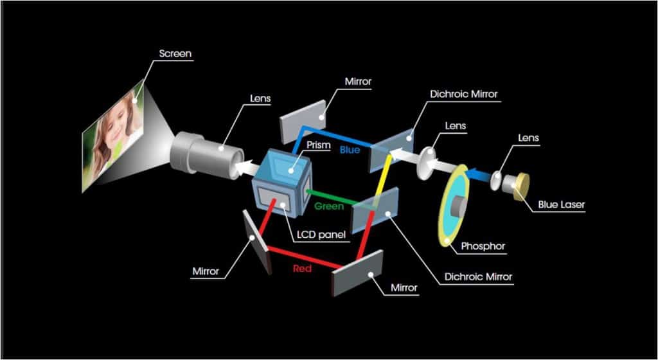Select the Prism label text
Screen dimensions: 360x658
(319, 145)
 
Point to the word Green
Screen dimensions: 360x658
(329, 207)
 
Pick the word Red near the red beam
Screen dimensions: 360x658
(303, 268)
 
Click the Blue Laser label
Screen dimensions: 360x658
(562, 205)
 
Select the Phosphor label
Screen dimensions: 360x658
(483, 246)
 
